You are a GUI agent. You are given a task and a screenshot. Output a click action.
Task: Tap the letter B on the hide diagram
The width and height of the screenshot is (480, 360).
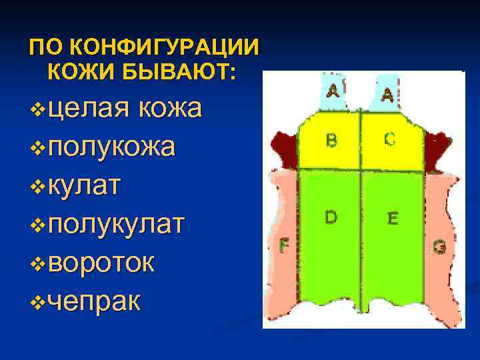pyautogui.click(x=331, y=141)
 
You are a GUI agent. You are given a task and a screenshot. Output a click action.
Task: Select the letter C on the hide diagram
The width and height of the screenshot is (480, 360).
pyautogui.click(x=390, y=139)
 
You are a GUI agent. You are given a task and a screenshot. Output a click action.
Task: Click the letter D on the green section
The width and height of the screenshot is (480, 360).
pyautogui.click(x=331, y=217)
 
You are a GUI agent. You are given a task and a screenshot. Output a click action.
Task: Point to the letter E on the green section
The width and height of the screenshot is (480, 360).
pyautogui.click(x=393, y=218)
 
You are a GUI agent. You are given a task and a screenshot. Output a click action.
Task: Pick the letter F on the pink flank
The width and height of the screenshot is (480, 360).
pyautogui.click(x=283, y=246)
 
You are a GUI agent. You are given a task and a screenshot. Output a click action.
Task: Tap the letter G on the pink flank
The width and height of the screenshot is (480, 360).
pyautogui.click(x=439, y=247)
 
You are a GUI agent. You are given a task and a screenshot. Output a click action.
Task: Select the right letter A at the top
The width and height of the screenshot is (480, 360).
pyautogui.click(x=387, y=95)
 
